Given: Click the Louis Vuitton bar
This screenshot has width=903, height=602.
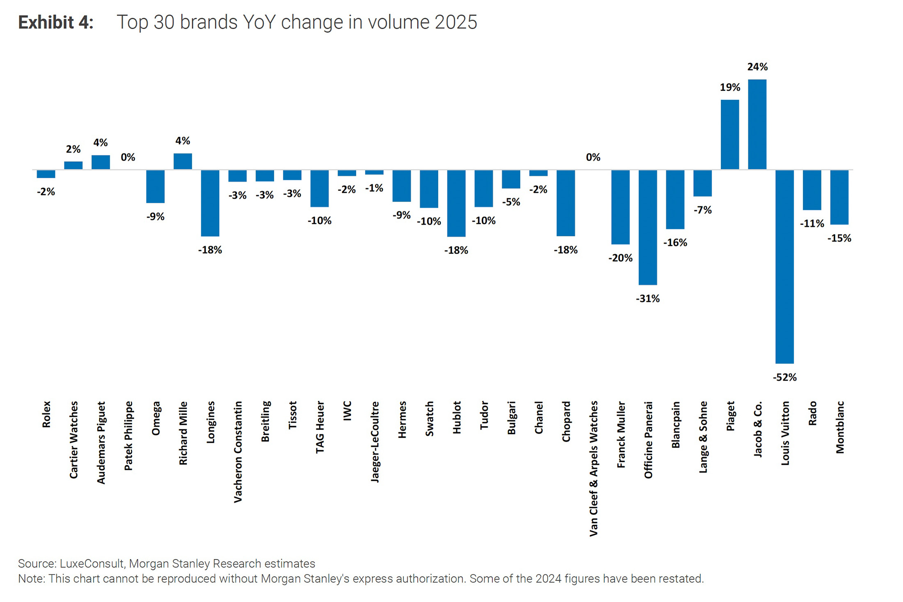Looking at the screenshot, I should (784, 267).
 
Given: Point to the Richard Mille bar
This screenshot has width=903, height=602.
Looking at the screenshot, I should (183, 161).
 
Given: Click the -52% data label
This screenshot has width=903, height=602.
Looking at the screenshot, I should (784, 377).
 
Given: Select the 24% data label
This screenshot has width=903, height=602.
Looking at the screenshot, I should (757, 67).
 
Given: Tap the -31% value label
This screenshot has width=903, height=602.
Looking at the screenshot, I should (648, 299).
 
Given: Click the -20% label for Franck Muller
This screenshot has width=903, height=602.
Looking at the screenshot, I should (620, 258).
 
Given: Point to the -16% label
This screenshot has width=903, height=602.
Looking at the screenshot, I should (675, 242).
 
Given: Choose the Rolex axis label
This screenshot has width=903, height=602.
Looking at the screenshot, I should (46, 414).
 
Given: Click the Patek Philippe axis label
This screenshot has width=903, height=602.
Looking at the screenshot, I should (128, 436).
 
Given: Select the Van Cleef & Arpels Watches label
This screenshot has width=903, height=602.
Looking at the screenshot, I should (593, 469).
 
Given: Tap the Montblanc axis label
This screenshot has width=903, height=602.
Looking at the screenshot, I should (840, 427).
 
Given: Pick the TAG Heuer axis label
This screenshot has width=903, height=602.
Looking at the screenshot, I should (320, 427).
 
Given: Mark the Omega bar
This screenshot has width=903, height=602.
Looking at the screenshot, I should (156, 186).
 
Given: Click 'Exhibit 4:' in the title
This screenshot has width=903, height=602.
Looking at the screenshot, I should (56, 22).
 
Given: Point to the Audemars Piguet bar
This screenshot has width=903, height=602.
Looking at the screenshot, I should (101, 162).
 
